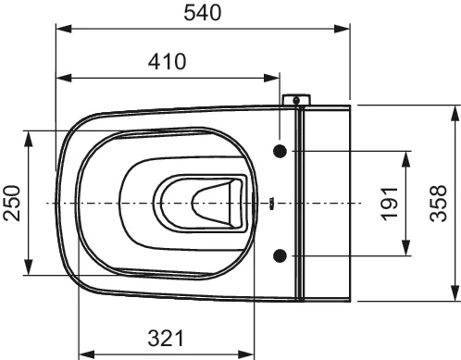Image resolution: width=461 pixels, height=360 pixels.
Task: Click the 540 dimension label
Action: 203,13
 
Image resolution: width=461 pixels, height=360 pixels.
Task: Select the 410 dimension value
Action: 167,61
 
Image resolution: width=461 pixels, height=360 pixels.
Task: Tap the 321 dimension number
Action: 166,338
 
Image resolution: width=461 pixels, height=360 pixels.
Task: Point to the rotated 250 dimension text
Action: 12,203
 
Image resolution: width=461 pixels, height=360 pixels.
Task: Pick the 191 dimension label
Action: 390,204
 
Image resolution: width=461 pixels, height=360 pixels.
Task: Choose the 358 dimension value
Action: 439,204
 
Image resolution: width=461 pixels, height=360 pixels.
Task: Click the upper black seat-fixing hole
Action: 280,151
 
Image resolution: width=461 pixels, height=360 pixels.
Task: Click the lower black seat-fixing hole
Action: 280,255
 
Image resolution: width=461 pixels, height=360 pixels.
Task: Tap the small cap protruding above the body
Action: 296,100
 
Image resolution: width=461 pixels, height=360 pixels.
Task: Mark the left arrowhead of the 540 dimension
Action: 64,30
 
